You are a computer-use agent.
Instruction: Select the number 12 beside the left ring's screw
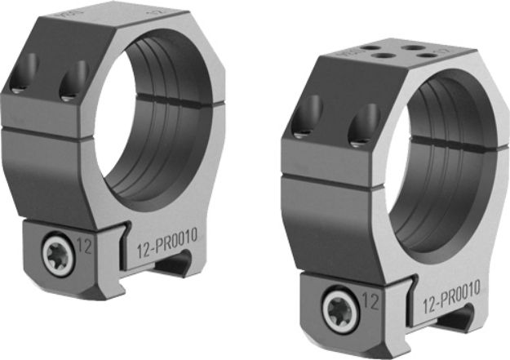[x=85, y=243]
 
